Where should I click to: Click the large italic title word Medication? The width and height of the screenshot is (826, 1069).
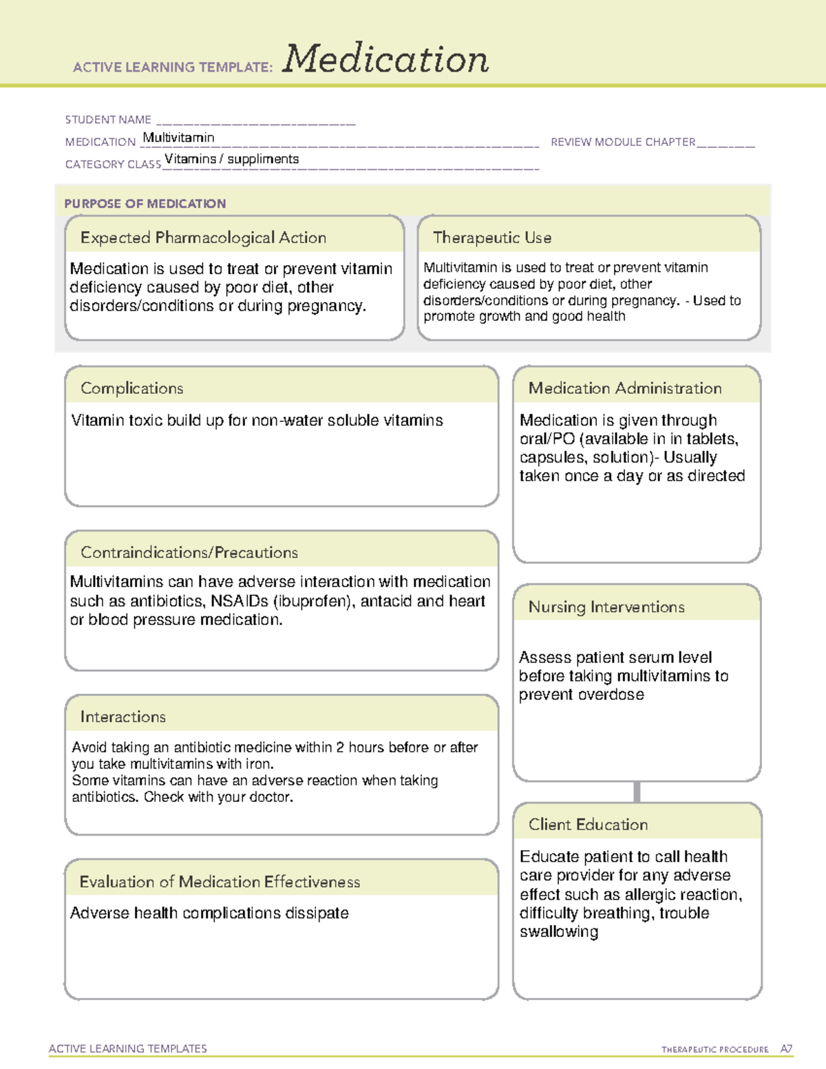click(385, 59)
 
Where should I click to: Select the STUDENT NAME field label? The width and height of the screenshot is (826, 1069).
click(108, 120)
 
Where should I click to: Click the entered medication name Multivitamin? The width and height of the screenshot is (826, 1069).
click(178, 138)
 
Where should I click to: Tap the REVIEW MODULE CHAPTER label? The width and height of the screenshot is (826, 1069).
click(623, 142)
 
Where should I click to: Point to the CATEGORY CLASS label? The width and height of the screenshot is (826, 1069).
click(113, 164)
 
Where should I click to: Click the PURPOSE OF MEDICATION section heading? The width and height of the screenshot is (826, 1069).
click(145, 204)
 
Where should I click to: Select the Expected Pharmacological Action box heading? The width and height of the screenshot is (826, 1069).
click(203, 237)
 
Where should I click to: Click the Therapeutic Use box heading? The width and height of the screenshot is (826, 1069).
click(492, 237)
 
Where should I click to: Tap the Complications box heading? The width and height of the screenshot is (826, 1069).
click(132, 388)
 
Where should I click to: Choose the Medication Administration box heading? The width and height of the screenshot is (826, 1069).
click(625, 388)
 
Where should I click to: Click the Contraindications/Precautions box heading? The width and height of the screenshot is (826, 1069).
click(189, 552)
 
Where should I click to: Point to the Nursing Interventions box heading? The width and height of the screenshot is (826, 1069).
click(606, 606)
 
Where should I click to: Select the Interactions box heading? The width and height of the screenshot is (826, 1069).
click(123, 717)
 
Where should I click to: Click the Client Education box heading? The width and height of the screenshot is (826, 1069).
click(588, 824)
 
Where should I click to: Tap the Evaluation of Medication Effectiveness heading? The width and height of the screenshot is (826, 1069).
click(220, 882)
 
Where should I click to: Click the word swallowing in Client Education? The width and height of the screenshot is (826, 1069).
click(559, 932)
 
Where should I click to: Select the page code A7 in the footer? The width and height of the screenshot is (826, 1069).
click(786, 1049)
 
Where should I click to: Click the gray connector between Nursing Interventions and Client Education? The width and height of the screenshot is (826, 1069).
click(637, 792)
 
